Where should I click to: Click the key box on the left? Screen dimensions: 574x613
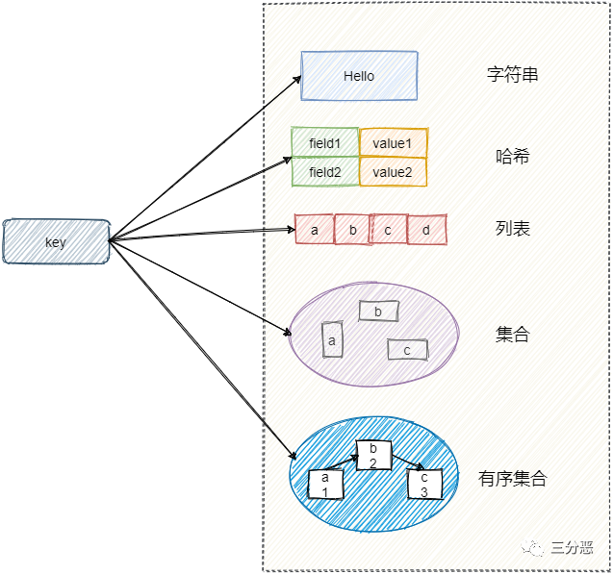[x=56, y=241]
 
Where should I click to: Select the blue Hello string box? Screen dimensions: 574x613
[x=359, y=76]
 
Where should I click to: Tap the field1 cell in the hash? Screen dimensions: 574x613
[x=325, y=143]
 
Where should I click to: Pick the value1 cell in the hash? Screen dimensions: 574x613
[x=393, y=143]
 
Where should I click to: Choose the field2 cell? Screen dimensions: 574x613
[x=325, y=172]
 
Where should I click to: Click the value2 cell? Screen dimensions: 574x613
[x=393, y=172]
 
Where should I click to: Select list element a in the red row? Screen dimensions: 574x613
[x=315, y=231]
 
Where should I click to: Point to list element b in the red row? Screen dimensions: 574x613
[x=352, y=231]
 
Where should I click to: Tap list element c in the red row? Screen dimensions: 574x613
[x=389, y=231]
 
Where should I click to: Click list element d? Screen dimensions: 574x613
[x=426, y=231]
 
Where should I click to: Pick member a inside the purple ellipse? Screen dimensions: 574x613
[x=332, y=340]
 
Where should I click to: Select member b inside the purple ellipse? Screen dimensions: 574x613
[x=378, y=311]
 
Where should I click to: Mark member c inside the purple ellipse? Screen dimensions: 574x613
[x=407, y=350]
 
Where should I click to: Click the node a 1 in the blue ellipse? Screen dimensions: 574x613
[x=325, y=484]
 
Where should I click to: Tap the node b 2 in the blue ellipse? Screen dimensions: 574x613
[x=373, y=456]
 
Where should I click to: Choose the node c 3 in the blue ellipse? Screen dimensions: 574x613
[x=424, y=485]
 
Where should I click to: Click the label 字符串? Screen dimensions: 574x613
[x=513, y=74]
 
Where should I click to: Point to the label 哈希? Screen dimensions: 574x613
[x=513, y=157]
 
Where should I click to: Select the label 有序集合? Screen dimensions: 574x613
[x=513, y=478]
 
